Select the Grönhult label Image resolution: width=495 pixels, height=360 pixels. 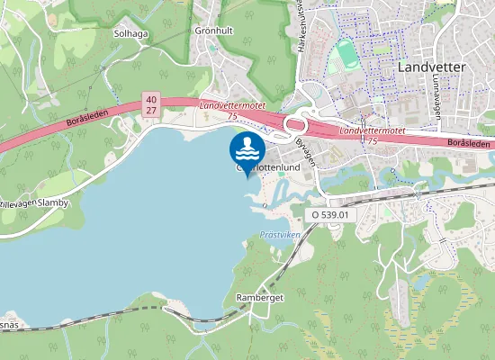(214, 30)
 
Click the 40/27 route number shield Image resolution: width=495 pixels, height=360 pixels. (150, 104)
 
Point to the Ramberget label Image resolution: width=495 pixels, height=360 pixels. (260, 296)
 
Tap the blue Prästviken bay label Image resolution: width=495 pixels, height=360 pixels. (279, 234)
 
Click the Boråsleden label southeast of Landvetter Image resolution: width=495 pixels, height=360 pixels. (470, 142)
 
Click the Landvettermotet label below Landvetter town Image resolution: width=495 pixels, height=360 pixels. (371, 130)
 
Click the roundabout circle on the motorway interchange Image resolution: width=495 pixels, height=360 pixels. (294, 124)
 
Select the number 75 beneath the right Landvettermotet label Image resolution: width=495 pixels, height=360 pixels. (371, 141)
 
